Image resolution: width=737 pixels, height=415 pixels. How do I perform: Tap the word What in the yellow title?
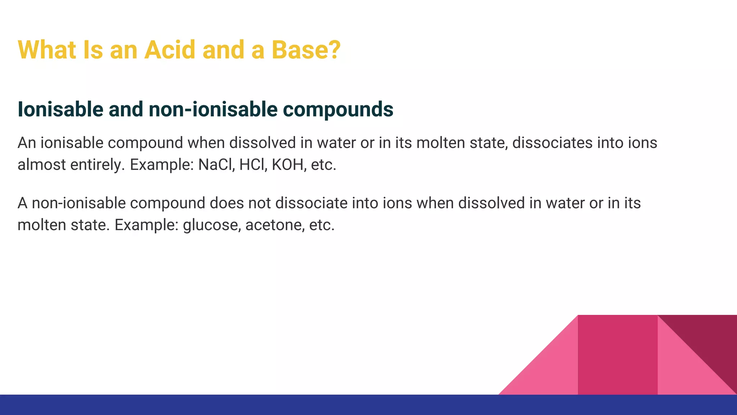tap(47, 50)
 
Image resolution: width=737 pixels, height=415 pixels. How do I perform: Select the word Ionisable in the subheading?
tap(60, 110)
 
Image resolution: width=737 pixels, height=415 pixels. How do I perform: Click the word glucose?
tap(211, 226)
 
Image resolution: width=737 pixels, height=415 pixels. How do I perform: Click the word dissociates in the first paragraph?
tap(552, 143)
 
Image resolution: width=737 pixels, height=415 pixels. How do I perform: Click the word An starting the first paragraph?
tap(27, 143)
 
